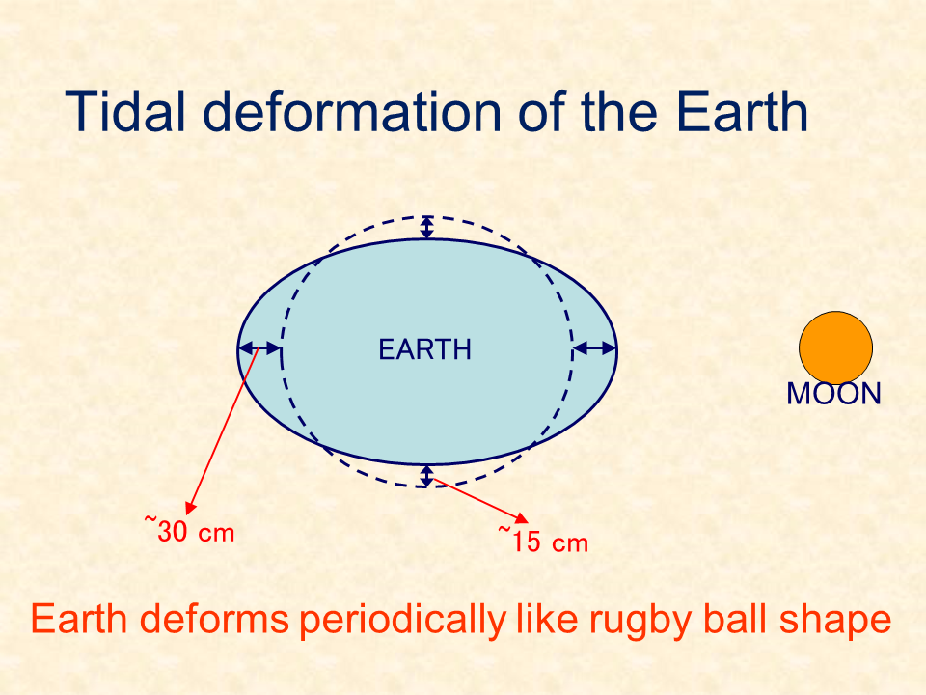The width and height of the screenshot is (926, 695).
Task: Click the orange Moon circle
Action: pyautogui.click(x=835, y=348)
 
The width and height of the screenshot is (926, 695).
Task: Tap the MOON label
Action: pyautogui.click(x=833, y=394)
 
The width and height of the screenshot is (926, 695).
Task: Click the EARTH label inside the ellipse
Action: pyautogui.click(x=424, y=349)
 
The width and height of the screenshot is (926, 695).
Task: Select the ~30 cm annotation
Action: pyautogui.click(x=190, y=530)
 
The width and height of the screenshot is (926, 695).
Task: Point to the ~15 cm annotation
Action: pyautogui.click(x=543, y=541)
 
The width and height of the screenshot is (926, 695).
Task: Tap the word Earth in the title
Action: pyautogui.click(x=742, y=111)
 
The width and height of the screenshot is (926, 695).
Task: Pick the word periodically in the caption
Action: pyautogui.click(x=403, y=622)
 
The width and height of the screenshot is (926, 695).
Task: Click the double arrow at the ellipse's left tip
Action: pyautogui.click(x=259, y=348)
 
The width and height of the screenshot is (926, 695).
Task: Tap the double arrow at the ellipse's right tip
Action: pyautogui.click(x=595, y=348)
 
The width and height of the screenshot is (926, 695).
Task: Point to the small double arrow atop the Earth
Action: pyautogui.click(x=427, y=228)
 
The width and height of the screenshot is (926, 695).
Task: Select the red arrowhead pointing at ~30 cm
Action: pyautogui.click(x=190, y=508)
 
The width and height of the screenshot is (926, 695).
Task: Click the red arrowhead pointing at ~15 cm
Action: pyautogui.click(x=522, y=518)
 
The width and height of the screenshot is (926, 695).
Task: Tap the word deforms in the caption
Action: pyautogui.click(x=214, y=620)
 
